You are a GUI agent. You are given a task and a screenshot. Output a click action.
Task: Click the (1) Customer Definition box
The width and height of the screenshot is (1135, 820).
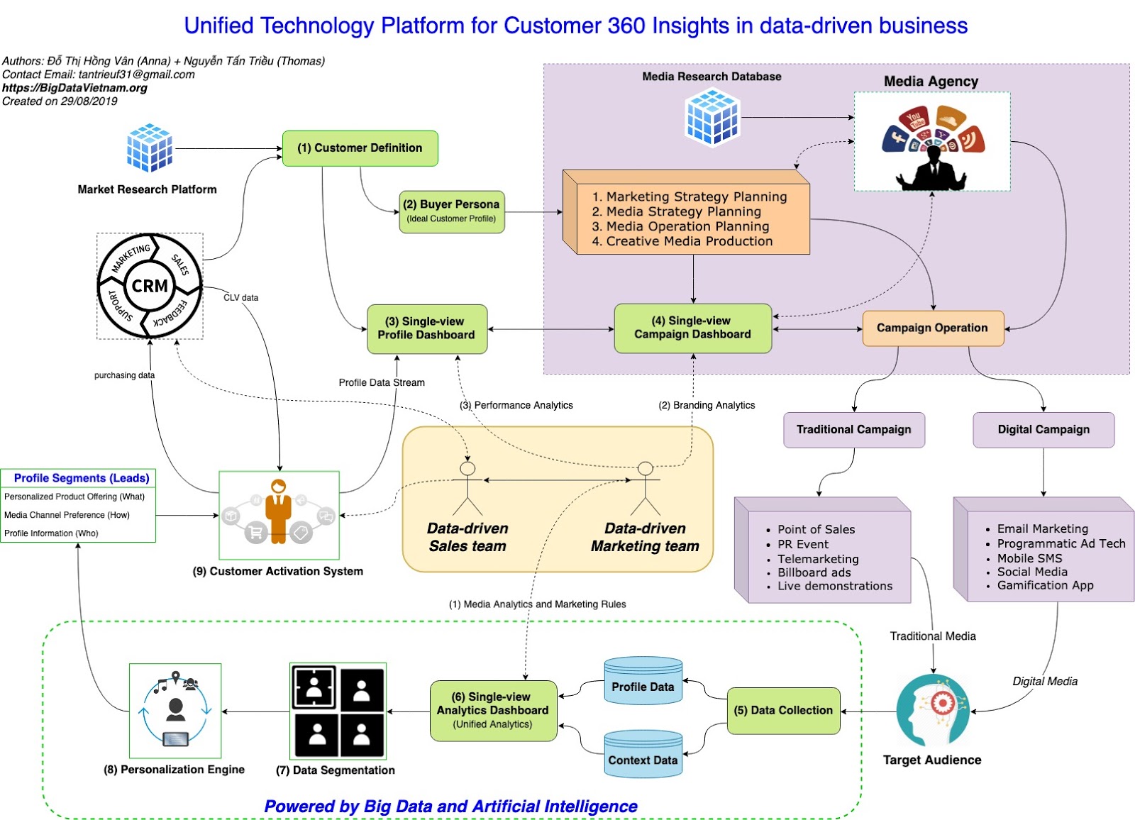point(360,148)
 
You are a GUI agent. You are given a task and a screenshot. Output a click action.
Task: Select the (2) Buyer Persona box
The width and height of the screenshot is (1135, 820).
point(452,211)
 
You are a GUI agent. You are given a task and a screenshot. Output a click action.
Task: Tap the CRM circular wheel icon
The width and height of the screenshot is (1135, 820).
point(150,286)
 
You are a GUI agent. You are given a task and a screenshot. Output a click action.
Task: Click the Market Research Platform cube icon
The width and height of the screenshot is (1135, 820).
point(149,148)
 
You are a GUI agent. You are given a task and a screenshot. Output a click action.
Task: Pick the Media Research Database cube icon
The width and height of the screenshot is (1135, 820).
point(712,118)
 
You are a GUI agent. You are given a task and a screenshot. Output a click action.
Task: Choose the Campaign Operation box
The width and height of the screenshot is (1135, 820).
point(932,328)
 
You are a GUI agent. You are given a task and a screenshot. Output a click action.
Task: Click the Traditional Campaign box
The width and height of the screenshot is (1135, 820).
point(853,430)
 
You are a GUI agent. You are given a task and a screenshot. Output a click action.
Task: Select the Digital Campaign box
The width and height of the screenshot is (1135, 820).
point(1043,430)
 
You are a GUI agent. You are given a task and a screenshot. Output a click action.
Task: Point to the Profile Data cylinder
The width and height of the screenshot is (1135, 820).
point(643,681)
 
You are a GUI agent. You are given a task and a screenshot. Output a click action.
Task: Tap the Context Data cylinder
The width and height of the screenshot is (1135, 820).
point(643,754)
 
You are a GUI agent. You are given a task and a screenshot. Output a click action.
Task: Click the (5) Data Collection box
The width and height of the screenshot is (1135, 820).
point(783,710)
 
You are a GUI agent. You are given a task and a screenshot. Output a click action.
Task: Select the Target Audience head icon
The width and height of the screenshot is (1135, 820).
point(932,711)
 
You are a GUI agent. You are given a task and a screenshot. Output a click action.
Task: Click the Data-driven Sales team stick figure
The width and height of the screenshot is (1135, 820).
point(467,489)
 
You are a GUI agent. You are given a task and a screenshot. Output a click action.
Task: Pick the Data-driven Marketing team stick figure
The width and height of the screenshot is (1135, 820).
point(645,489)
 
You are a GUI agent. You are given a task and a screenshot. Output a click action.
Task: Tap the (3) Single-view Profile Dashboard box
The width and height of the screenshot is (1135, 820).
point(426,328)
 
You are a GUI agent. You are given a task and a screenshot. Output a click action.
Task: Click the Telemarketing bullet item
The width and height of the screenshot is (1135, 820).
point(817,559)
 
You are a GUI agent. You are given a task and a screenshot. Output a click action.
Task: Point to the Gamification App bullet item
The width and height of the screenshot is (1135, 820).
point(1044,585)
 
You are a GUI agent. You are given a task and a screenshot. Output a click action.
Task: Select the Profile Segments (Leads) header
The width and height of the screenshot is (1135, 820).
point(81,478)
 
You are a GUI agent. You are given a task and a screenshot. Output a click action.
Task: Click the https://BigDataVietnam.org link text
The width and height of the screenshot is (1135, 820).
point(74,88)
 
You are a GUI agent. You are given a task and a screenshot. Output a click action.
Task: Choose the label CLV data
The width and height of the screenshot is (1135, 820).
point(240,298)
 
